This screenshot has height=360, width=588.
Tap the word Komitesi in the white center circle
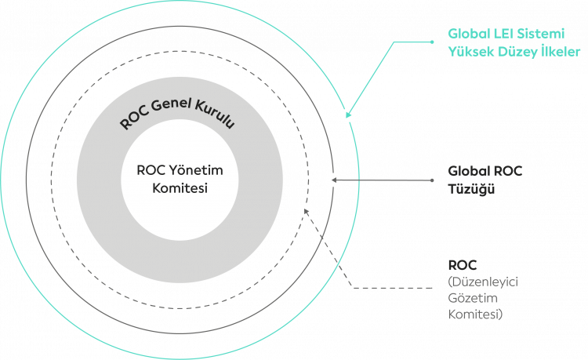(x=174, y=188)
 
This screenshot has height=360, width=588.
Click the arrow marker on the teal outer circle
(x=347, y=115)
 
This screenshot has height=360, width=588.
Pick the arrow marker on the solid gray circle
(x=332, y=180)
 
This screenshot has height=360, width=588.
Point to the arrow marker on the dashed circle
(x=306, y=209)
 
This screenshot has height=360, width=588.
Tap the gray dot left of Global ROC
(x=434, y=180)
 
